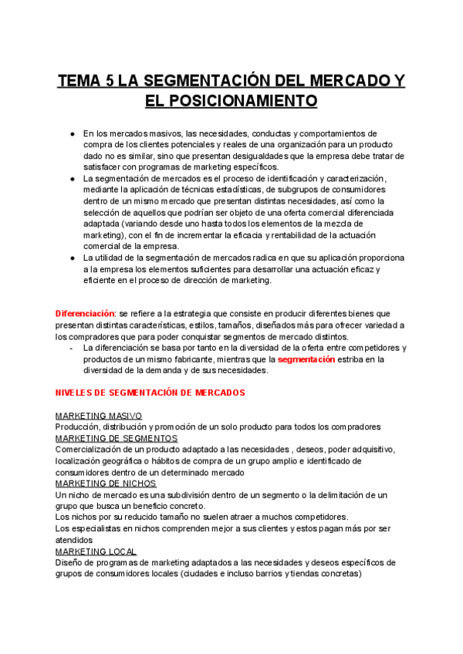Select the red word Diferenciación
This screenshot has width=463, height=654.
(84, 314)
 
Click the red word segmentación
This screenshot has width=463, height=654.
(306, 359)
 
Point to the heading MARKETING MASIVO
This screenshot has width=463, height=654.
(98, 416)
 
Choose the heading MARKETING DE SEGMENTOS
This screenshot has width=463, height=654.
(117, 439)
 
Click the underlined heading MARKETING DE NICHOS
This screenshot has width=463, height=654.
(106, 484)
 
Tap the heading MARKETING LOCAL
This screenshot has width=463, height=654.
(96, 551)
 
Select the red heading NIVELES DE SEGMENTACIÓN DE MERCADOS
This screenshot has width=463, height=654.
(150, 393)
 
